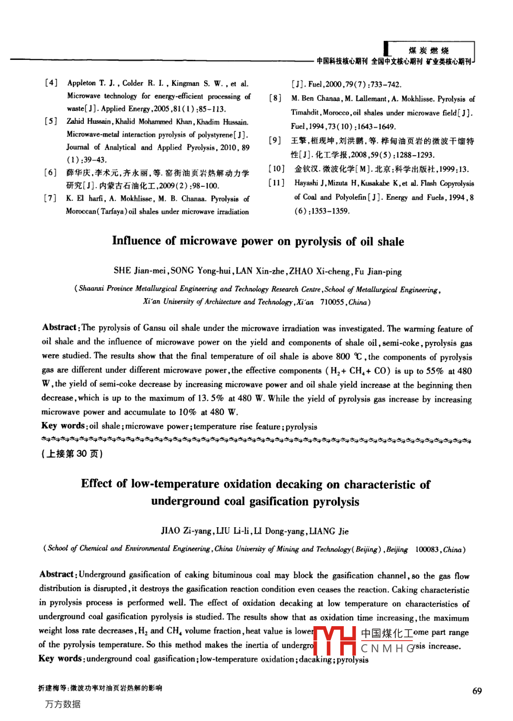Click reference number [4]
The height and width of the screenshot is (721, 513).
tap(51, 83)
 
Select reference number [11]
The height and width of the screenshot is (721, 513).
tap(276, 183)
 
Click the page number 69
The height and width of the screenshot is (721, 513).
tap(477, 691)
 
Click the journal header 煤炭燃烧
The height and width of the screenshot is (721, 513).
tap(429, 50)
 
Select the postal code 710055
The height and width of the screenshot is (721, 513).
tap(332, 302)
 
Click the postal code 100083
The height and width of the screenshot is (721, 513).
tap(427, 549)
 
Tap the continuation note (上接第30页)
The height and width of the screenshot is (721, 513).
tap(72, 454)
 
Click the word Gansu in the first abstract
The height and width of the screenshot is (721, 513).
tap(154, 328)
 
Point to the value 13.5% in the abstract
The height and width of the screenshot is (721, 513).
tap(211, 398)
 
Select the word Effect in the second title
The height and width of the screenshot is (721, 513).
tap(97, 484)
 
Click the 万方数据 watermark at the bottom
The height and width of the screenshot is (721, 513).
tap(62, 705)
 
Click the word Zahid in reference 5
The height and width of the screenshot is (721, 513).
tap(75, 121)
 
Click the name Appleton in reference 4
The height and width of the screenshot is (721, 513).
tap(81, 83)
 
